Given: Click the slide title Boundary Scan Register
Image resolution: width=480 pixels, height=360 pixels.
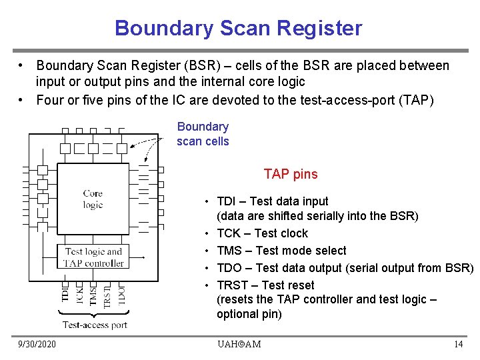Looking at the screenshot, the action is point(239,28).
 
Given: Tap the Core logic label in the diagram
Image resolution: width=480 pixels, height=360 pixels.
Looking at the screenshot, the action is point(93,199).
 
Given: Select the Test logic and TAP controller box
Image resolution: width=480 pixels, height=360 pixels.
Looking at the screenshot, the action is point(93,257).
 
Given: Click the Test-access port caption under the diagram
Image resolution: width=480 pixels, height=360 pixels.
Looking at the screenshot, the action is point(95,325).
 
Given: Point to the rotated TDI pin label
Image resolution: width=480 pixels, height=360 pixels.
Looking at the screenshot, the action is point(65,292).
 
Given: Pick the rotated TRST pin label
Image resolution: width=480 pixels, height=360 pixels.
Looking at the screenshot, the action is point(107,294).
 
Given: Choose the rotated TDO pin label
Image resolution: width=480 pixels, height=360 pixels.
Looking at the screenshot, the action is point(121,293).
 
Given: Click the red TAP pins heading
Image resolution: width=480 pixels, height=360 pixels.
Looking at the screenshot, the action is point(291,175).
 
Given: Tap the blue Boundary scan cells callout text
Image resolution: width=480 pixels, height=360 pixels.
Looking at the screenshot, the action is point(203,134).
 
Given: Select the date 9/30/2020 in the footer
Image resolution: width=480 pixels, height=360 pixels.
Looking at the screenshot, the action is point(37,344).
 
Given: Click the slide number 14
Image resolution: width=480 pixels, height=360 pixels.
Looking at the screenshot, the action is point(458,344).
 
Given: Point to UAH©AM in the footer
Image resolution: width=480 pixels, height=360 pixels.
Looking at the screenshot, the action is point(239,344).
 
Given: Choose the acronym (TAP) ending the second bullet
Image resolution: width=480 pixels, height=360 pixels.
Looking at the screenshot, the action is point(417,101).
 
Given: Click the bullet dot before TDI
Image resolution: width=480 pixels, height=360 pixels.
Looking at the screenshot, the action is point(209,202).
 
